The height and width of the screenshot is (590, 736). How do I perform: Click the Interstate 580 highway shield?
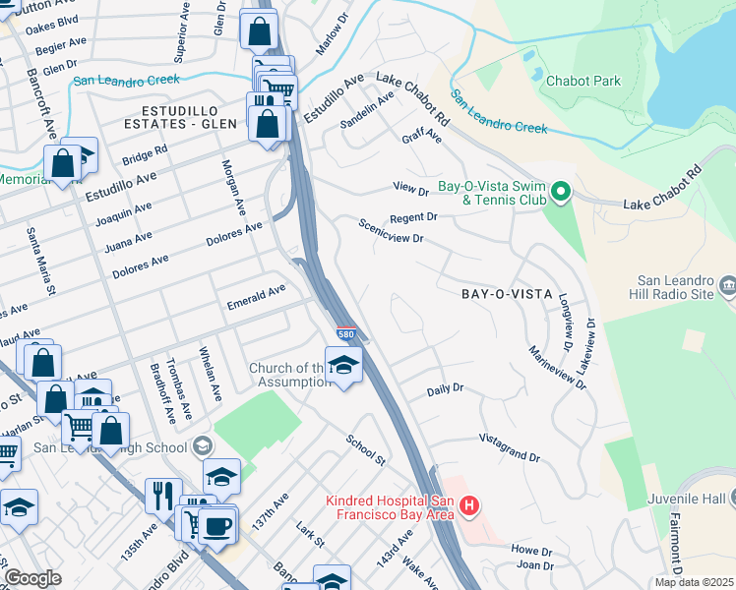coord(345,335)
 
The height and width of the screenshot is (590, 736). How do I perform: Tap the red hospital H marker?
coord(469,507)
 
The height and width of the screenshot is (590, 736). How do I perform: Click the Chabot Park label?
coord(583,81)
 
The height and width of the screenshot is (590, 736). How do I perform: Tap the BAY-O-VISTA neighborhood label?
coord(501,294)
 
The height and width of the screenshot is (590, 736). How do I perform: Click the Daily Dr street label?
coord(445,390)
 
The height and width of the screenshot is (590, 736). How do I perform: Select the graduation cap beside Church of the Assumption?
coord(343,366)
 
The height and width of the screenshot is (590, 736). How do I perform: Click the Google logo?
coord(32,578)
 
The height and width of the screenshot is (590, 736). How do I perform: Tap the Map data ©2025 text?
coord(695,582)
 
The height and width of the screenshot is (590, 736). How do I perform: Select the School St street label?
coord(365,447)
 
